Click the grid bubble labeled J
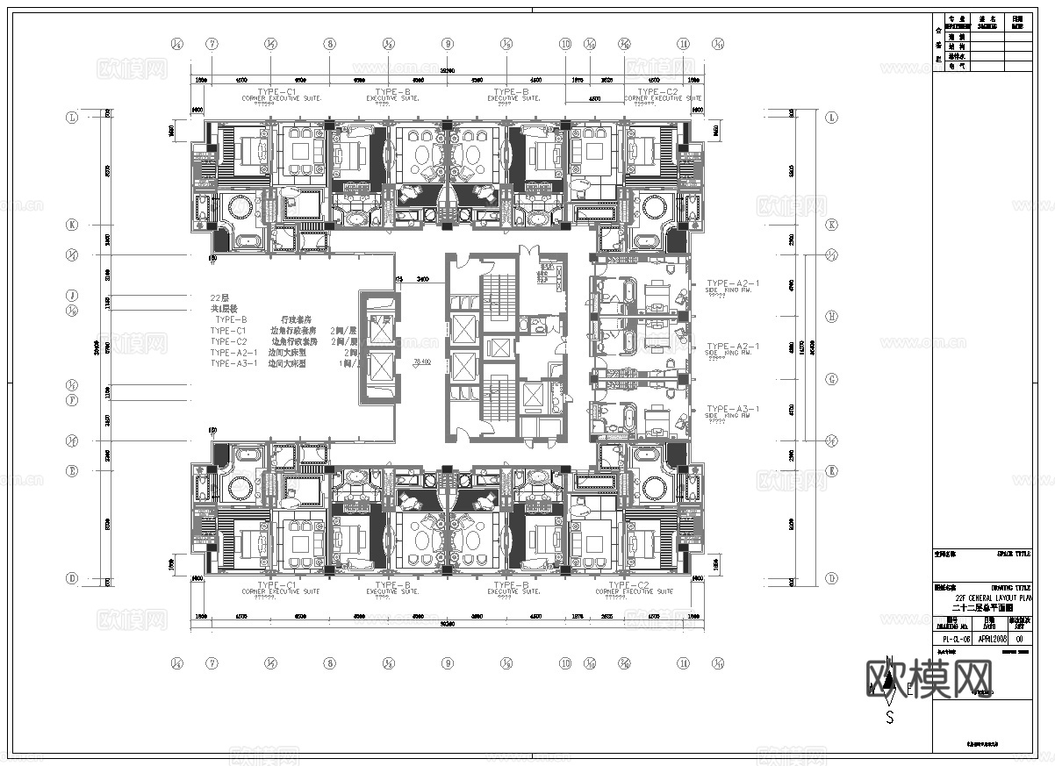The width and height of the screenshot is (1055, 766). coord(73,296)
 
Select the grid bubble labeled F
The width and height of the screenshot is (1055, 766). coord(73,399)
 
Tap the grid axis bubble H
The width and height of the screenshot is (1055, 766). coord(831,316)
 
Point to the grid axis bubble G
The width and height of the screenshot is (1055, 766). coord(831,379)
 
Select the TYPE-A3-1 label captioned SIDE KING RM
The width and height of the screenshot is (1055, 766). coord(732,409)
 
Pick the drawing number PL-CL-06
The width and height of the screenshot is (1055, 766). coord(953,640)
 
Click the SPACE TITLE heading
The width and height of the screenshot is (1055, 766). coord(1014,554)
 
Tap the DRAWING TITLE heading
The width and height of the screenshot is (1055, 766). coord(1011,587)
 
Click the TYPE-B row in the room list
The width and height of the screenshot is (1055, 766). coord(231,320)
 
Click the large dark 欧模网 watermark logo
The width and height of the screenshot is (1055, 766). coord(930,679)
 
